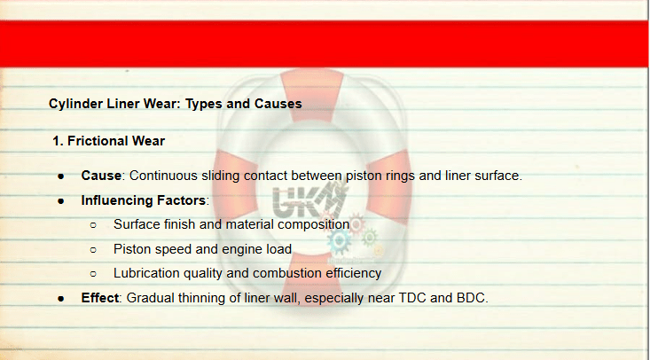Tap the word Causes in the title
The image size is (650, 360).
pos(278,103)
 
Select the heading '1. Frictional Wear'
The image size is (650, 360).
pos(108,141)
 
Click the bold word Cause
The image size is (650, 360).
pos(101,176)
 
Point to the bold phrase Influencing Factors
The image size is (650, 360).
pos(144,200)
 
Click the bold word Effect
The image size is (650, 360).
pos(100,298)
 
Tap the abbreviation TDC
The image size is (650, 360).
pos(412,298)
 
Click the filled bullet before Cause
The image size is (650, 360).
pos(61,176)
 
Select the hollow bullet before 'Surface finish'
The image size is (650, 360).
pos(93,225)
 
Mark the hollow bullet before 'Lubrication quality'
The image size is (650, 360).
pos(93,274)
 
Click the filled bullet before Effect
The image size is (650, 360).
pos(61,299)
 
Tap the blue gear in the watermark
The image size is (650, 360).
pos(339,241)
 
